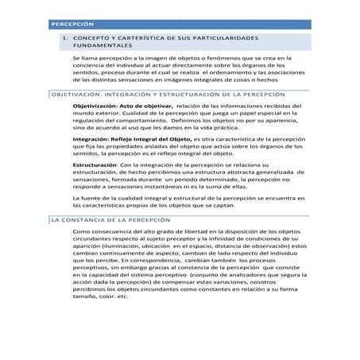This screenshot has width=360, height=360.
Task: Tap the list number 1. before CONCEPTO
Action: point(65,37)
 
